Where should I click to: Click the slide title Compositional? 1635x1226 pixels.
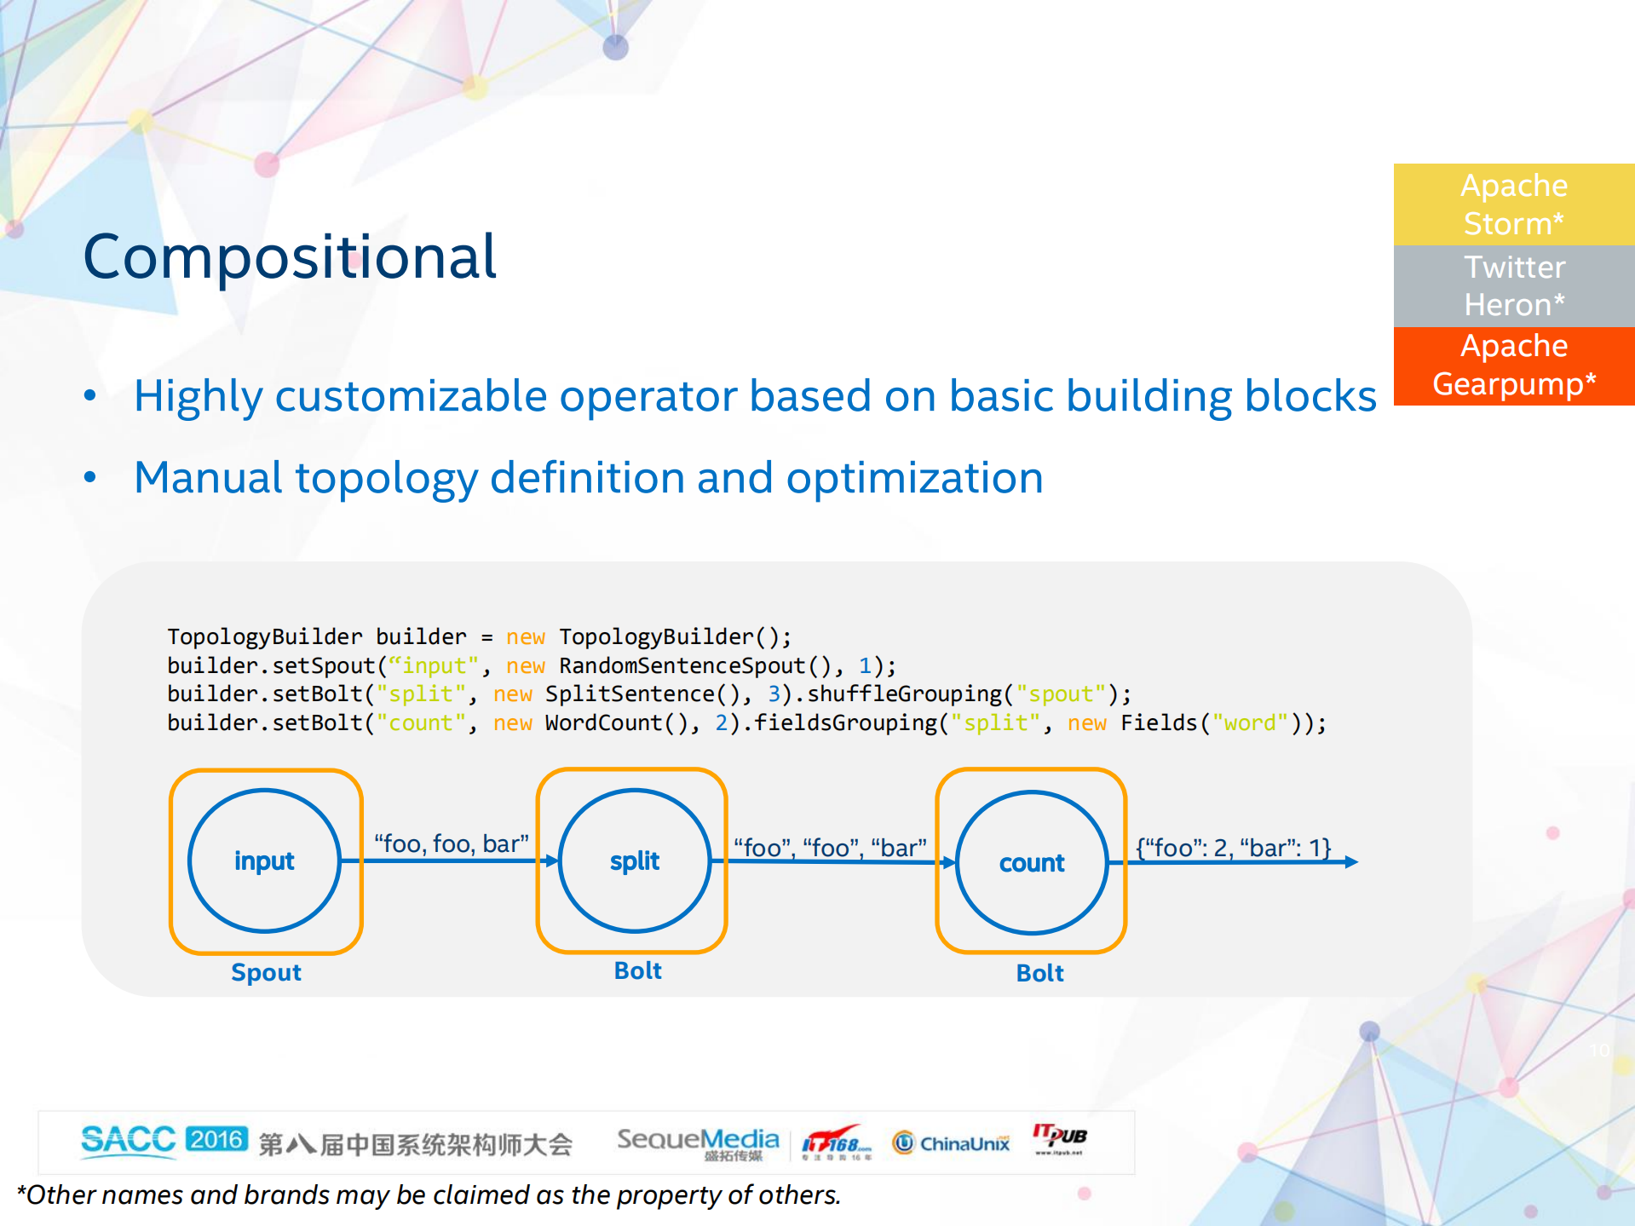point(290,257)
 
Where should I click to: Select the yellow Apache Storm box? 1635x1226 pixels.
point(1513,204)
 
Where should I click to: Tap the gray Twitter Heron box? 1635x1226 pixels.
point(1513,286)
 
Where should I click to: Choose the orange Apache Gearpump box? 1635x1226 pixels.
point(1513,365)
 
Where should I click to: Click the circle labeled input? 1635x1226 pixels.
point(264,861)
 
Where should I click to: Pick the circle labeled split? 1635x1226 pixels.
point(634,861)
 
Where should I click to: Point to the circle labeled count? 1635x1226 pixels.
point(1031,862)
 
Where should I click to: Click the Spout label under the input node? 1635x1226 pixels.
point(266,972)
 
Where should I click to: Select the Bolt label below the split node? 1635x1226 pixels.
point(637,970)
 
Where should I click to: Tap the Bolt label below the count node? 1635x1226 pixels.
point(1039,973)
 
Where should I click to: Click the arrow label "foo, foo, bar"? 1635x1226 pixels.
point(452,843)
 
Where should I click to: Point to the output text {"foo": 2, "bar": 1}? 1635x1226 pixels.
point(1233,848)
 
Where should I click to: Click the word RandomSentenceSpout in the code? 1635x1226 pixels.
point(682,665)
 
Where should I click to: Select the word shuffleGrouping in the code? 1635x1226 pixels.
point(905,694)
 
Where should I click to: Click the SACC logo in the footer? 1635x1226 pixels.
point(128,1140)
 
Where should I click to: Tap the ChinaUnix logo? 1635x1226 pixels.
point(952,1143)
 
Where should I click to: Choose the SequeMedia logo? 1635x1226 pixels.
point(697,1140)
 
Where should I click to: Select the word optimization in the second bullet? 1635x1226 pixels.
point(914,478)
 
